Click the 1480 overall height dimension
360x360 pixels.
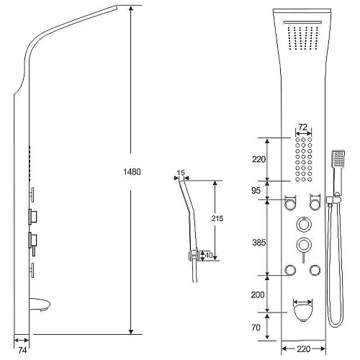click(x=132, y=172)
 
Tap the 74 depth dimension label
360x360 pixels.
click(x=22, y=351)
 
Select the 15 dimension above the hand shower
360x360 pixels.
click(x=181, y=173)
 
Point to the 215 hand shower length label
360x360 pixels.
click(x=217, y=218)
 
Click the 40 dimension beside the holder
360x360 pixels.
click(x=209, y=255)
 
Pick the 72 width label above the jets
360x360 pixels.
click(x=302, y=127)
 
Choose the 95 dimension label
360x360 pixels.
click(x=256, y=190)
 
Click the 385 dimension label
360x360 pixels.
click(x=258, y=243)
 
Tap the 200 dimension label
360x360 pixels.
click(x=258, y=294)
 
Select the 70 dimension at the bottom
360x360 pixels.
click(x=256, y=328)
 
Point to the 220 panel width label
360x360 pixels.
click(x=303, y=349)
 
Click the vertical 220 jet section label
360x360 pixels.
click(x=258, y=159)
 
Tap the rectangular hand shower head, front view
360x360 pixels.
click(x=338, y=159)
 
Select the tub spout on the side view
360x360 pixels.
click(x=40, y=304)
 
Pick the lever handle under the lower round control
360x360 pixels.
click(x=303, y=258)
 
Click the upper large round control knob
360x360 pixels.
click(x=304, y=225)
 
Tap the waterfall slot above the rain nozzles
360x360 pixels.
click(x=302, y=22)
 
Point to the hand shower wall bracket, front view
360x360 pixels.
click(x=333, y=200)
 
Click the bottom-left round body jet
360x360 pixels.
click(x=290, y=270)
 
